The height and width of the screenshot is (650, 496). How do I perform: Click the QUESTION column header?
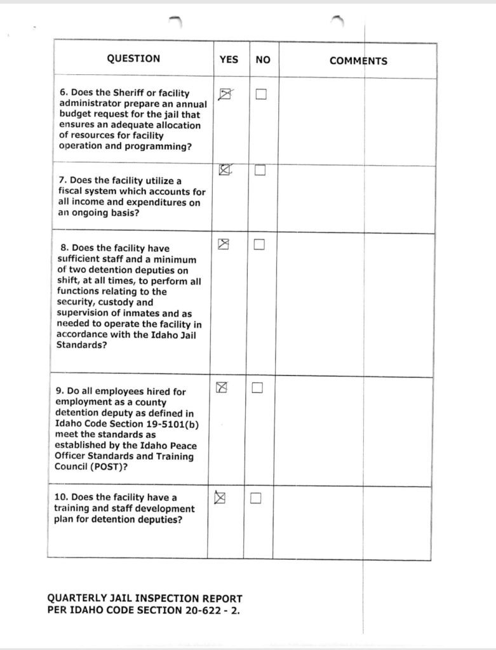coord(133,59)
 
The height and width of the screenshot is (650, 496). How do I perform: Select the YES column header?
coord(229,59)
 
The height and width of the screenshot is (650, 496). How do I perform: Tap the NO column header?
coord(263,60)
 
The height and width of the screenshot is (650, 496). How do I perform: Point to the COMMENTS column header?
coord(358,61)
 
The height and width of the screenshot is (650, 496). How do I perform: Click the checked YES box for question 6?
coord(224,95)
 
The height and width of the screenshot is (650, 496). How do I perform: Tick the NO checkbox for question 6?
coord(260,95)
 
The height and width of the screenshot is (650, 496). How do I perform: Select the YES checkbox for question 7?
coord(224,169)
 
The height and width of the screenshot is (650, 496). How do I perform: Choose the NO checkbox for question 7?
coord(260,170)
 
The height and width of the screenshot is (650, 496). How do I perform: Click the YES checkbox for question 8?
coord(223,244)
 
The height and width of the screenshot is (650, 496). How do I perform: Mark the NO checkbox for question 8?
coord(259,245)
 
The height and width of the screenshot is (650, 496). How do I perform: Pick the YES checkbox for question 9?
coord(222,387)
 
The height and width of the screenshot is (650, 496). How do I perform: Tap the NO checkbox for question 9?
coord(257,388)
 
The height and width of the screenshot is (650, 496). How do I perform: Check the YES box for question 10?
coord(220,498)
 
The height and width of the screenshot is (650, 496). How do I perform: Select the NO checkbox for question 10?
coord(256,498)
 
